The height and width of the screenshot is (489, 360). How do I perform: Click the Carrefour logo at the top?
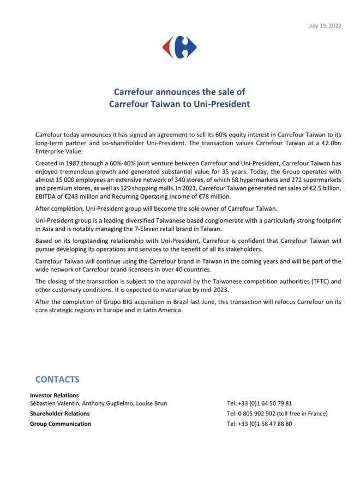coord(179,47)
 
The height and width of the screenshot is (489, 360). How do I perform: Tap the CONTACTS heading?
coord(57,379)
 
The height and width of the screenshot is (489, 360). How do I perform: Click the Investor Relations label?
coord(54,395)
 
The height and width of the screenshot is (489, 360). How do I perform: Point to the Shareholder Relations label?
coord(59,414)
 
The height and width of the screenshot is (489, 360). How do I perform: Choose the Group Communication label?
coord(61,424)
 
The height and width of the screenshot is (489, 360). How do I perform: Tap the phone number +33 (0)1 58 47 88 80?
coord(259,424)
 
